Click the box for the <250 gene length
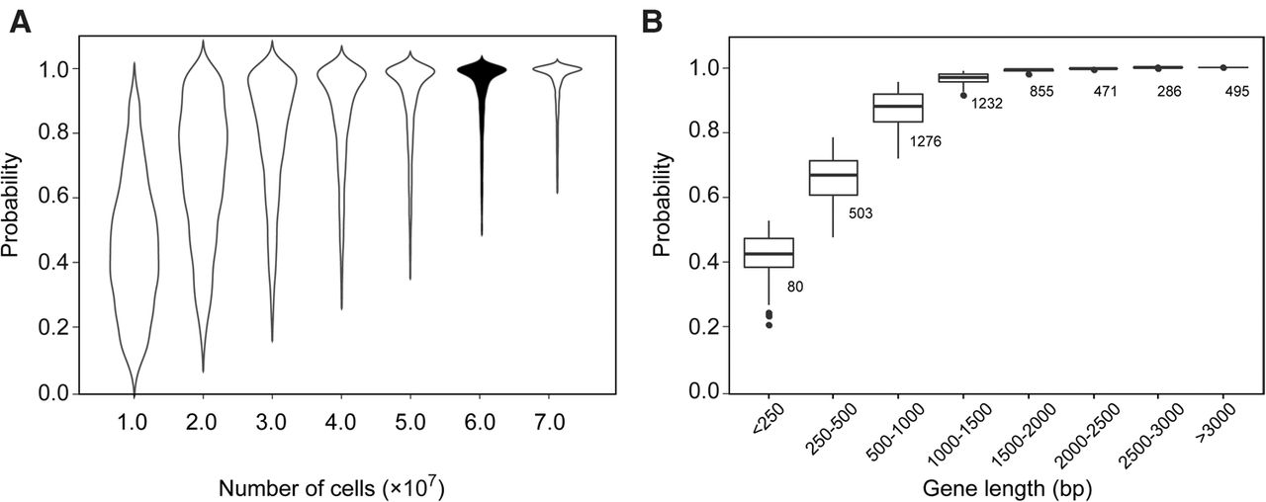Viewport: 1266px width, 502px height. pos(769,253)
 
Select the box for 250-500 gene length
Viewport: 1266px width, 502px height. pos(834,178)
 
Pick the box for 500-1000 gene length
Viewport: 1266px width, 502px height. pos(898,108)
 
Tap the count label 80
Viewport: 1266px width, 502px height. pos(796,288)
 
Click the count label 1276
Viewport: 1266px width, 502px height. pos(926,141)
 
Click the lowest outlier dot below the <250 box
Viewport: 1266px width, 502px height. pos(769,325)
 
